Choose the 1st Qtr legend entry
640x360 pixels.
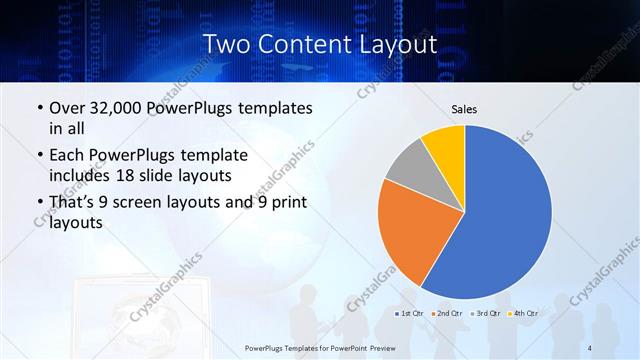[x=411, y=314]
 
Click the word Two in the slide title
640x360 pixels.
[x=225, y=44]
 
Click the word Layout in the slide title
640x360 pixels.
[x=399, y=44]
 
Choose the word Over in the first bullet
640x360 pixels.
[x=68, y=107]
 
